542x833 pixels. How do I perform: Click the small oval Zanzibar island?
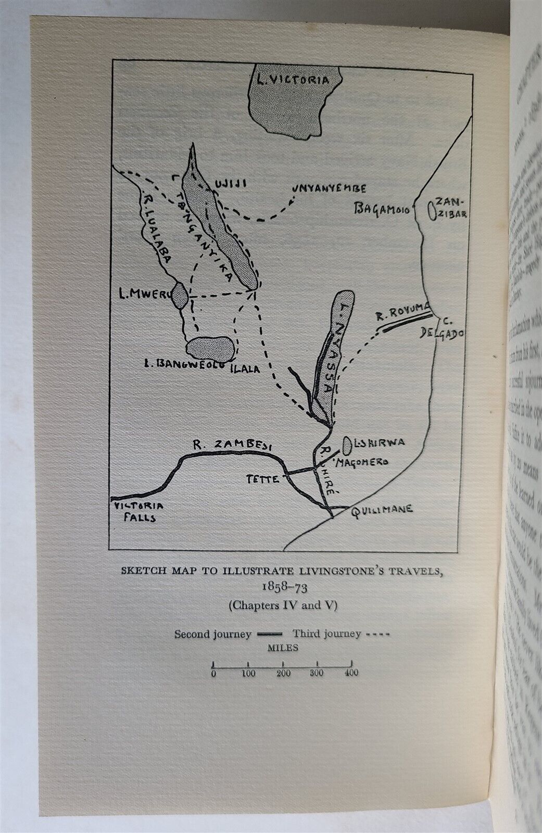tap(431, 210)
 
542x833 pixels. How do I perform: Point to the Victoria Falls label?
tap(135, 511)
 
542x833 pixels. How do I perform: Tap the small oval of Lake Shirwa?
tap(347, 444)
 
